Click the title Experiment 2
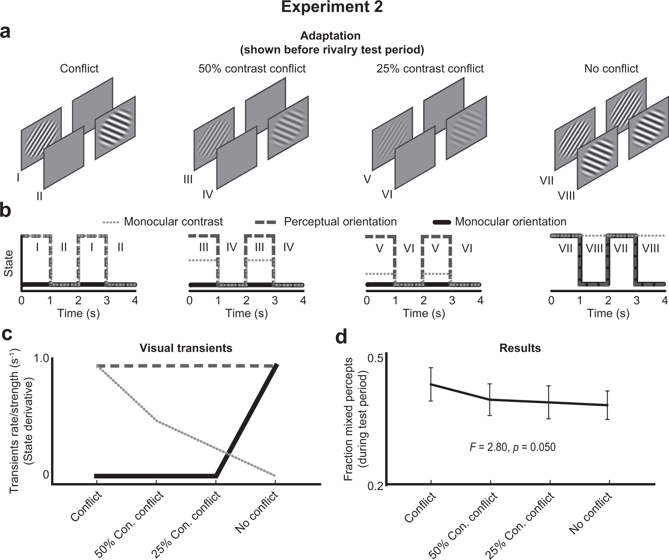pos(332,7)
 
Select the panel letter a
pos(6,32)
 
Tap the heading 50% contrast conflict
pos(252,69)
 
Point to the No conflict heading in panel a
pos(611,69)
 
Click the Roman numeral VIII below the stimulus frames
pos(566,196)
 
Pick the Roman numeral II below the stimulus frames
pos(39,196)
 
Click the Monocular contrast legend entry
pos(173,222)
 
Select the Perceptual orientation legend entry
pos(340,222)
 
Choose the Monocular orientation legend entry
pos(510,222)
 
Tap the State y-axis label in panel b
pos(8,263)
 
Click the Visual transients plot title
pos(186,348)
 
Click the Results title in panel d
pos(520,348)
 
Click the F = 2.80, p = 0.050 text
pos(512,447)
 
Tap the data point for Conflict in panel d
pos(431,384)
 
